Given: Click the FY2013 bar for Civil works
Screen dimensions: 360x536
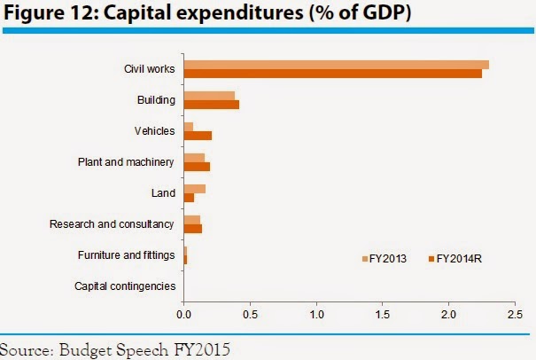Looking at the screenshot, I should (x=336, y=65).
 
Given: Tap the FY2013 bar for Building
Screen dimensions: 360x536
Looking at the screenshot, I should (x=209, y=96).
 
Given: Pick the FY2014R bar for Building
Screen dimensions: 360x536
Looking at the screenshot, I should (x=211, y=105).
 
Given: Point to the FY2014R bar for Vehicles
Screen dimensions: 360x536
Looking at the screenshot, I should (x=198, y=136).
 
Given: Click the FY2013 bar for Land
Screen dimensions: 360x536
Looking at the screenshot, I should (x=194, y=188).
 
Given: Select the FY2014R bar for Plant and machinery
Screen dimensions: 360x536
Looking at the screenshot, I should (x=197, y=167).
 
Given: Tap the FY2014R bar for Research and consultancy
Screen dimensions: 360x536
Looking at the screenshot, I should (x=192, y=229).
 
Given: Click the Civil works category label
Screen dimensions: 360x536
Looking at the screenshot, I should (x=150, y=69).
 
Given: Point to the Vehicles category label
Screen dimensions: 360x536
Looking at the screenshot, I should (x=155, y=131).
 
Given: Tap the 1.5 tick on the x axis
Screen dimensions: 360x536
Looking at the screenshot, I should (x=384, y=314).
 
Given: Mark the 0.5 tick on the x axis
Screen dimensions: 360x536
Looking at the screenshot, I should (x=251, y=314).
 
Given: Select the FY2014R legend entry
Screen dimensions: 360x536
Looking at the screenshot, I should (x=455, y=258).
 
